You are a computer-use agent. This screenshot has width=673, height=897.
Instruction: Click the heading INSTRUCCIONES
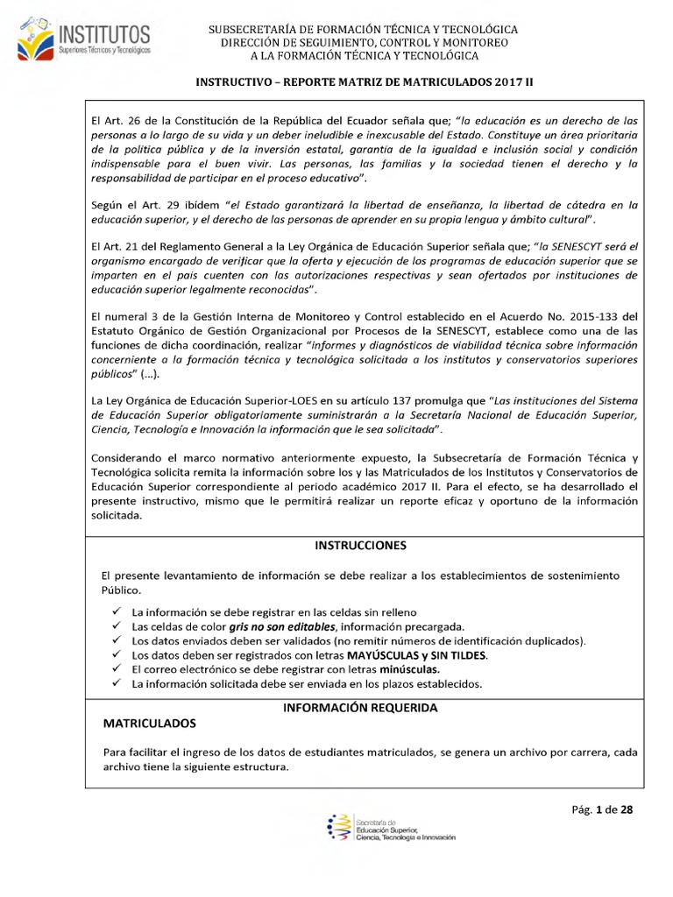[x=360, y=545]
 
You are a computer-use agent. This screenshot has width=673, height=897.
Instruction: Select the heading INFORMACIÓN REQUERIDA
[x=360, y=707]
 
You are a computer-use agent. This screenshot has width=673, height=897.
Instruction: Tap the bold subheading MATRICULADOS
[x=150, y=724]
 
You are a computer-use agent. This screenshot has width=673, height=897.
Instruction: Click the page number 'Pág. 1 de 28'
[x=602, y=809]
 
